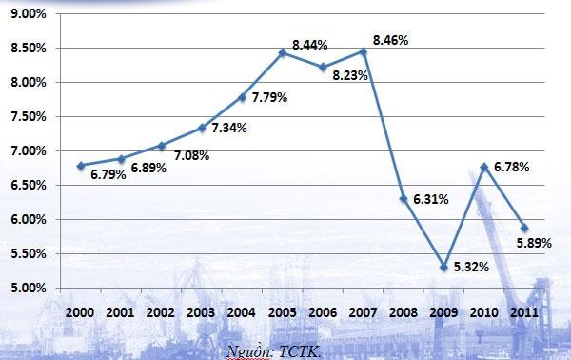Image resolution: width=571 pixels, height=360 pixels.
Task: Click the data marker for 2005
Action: coord(283,52)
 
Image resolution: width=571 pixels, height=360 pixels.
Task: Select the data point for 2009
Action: coord(444,267)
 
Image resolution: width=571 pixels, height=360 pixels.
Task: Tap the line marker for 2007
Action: coord(364,51)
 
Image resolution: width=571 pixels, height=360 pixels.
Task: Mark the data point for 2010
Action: coord(484,167)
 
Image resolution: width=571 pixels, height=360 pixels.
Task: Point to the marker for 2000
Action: coord(81,166)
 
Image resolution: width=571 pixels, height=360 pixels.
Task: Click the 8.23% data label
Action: coord(349,74)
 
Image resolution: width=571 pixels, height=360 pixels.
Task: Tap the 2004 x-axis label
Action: coord(242,311)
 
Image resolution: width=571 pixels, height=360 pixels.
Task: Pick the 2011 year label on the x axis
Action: coord(523,311)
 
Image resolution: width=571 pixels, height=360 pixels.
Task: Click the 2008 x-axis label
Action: coord(404,311)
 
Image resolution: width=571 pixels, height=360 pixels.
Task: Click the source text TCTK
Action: coord(299,351)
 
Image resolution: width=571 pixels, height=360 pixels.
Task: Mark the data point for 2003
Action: coord(202,128)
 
